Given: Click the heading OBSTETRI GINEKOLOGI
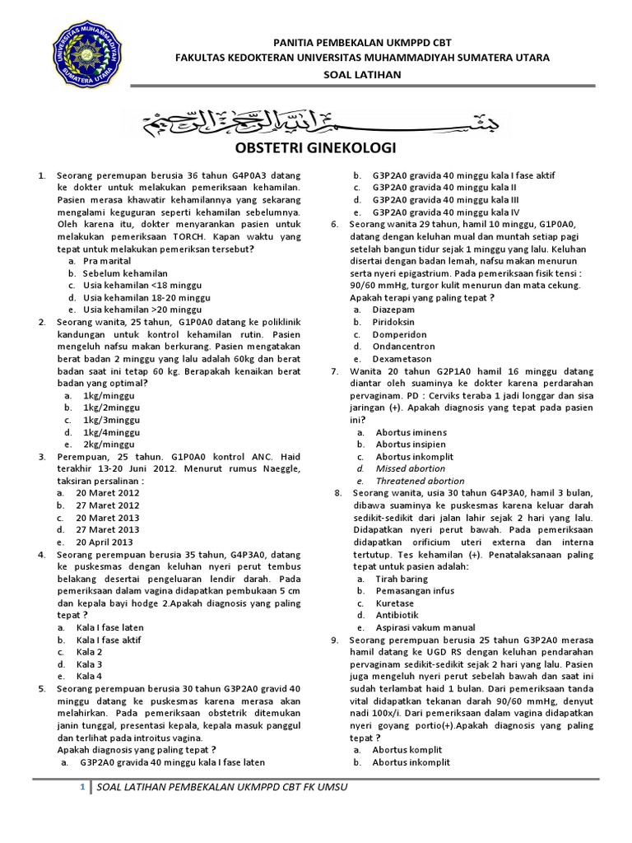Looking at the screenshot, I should click(317, 148).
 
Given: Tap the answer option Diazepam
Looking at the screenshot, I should click(394, 310).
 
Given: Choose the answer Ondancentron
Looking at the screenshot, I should click(404, 347).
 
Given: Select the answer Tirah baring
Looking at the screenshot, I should click(402, 579).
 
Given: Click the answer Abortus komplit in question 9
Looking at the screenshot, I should click(407, 750).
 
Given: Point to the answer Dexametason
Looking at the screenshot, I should click(403, 359).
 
